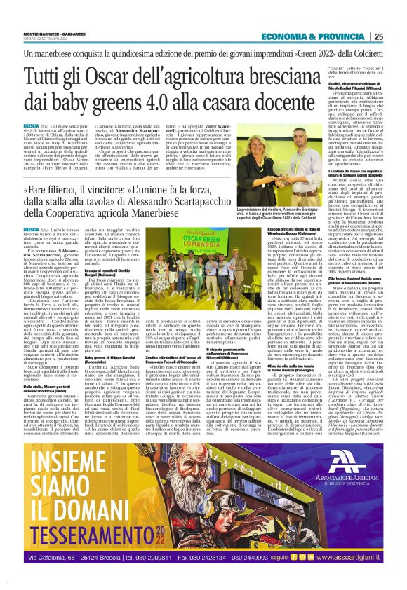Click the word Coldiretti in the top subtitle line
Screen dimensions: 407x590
pyautogui.click(x=363, y=53)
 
